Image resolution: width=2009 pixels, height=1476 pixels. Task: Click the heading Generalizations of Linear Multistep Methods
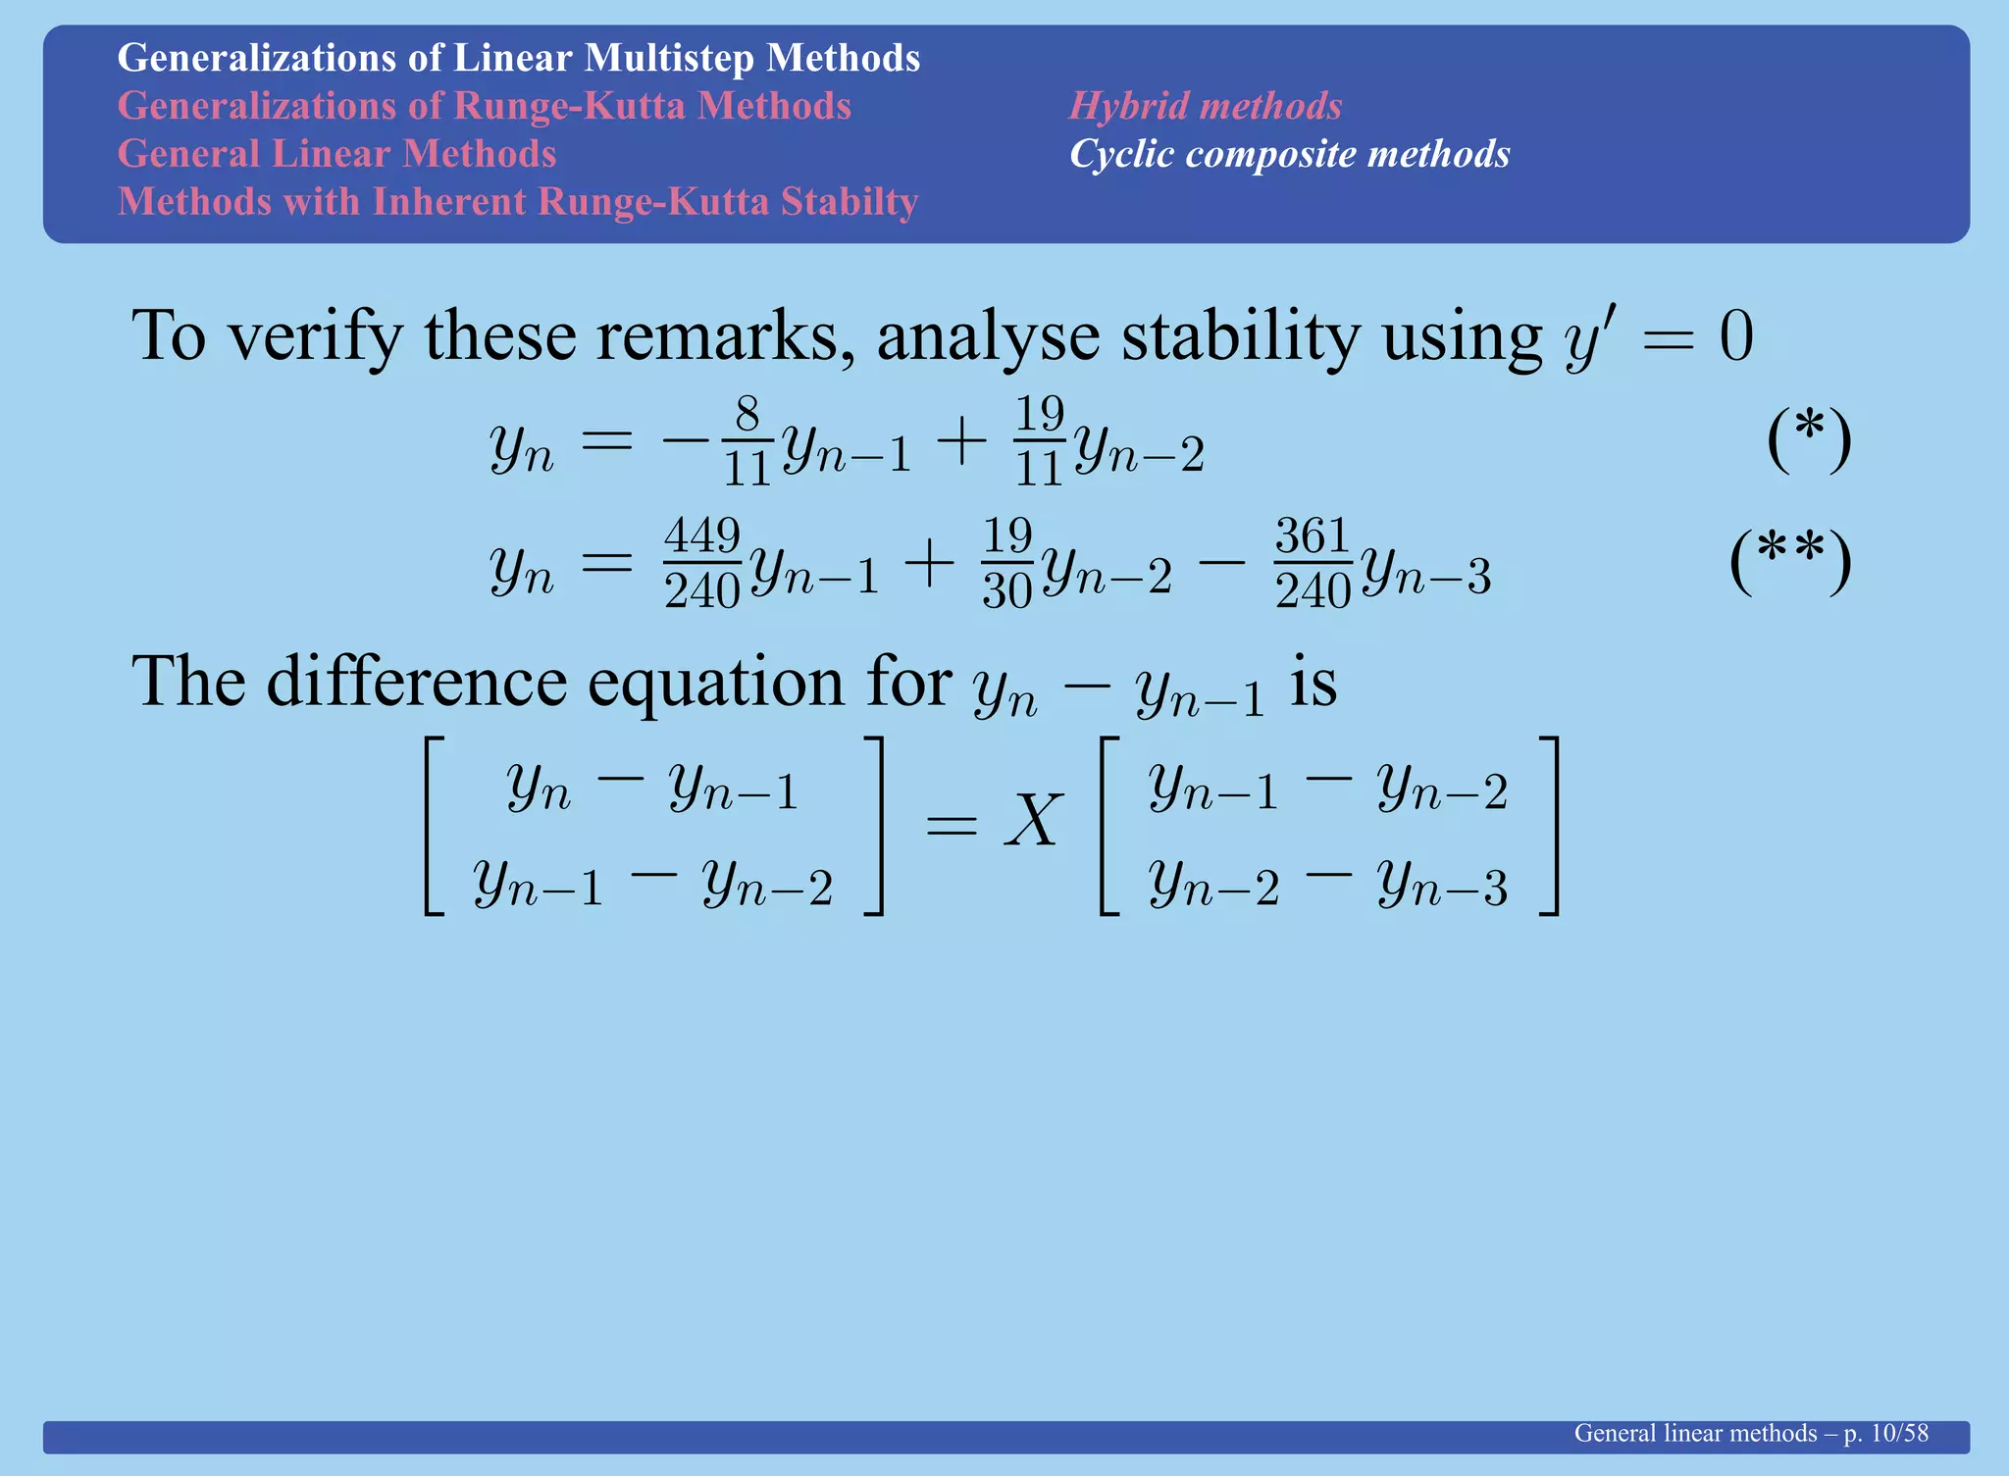click(518, 58)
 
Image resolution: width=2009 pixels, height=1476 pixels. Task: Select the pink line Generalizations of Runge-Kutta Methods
click(484, 106)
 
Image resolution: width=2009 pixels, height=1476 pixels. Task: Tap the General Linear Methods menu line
click(336, 154)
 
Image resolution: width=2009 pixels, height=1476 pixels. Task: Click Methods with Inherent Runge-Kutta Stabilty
click(517, 202)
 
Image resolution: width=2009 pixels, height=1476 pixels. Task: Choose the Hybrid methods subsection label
click(1205, 106)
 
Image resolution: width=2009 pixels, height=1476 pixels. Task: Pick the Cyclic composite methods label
click(1289, 154)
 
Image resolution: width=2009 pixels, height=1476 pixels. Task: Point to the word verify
click(314, 336)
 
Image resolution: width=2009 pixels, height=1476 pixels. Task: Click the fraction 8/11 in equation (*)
click(747, 441)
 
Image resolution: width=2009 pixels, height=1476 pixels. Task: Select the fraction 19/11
click(1039, 441)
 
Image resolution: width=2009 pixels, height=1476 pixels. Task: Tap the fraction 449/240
click(701, 564)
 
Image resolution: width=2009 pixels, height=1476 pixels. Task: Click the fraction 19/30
click(1007, 564)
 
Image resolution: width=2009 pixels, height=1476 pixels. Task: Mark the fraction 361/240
click(1313, 564)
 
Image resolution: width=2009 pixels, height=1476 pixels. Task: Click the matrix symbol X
click(1032, 821)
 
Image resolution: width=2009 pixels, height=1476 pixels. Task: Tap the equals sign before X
click(951, 826)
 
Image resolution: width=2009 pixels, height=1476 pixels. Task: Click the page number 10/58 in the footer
click(1899, 1433)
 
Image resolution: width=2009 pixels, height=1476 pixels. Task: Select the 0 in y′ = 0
click(1735, 338)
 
